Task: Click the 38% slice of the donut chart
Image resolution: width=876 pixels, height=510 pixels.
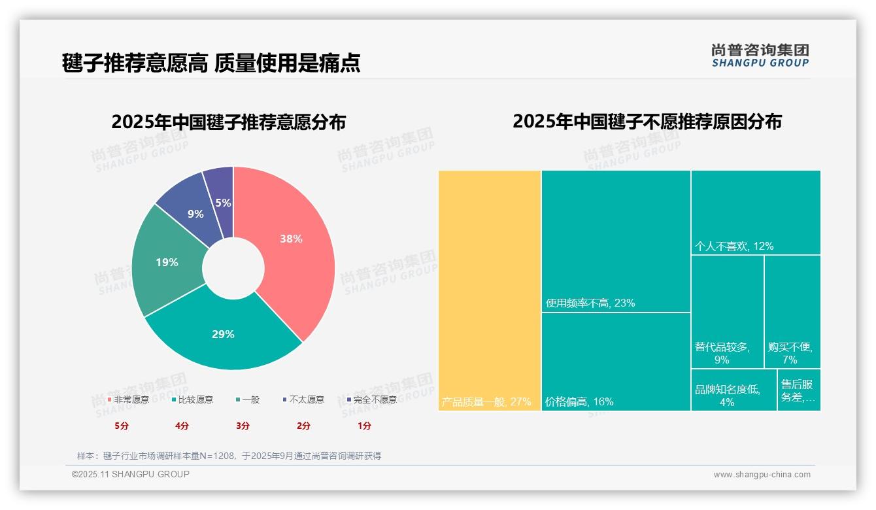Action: click(x=291, y=239)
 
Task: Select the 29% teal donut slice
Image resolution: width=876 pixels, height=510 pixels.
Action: click(x=223, y=334)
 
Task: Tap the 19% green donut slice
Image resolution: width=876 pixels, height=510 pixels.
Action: click(x=167, y=262)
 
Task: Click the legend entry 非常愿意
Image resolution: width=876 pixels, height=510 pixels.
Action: click(x=128, y=399)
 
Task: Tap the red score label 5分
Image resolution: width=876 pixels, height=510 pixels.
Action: click(x=122, y=426)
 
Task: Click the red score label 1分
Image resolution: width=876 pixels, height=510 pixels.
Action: click(x=364, y=426)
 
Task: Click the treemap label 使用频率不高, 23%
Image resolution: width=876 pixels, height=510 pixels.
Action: click(x=590, y=303)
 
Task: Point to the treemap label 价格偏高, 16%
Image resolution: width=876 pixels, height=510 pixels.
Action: click(x=579, y=401)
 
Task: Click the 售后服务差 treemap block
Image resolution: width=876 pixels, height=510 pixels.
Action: click(x=799, y=390)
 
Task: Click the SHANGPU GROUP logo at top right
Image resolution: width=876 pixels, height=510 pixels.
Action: click(x=760, y=56)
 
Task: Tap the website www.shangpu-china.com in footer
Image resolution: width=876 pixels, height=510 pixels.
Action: click(x=762, y=475)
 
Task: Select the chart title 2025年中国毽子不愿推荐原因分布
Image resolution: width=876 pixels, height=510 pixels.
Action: click(x=647, y=122)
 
